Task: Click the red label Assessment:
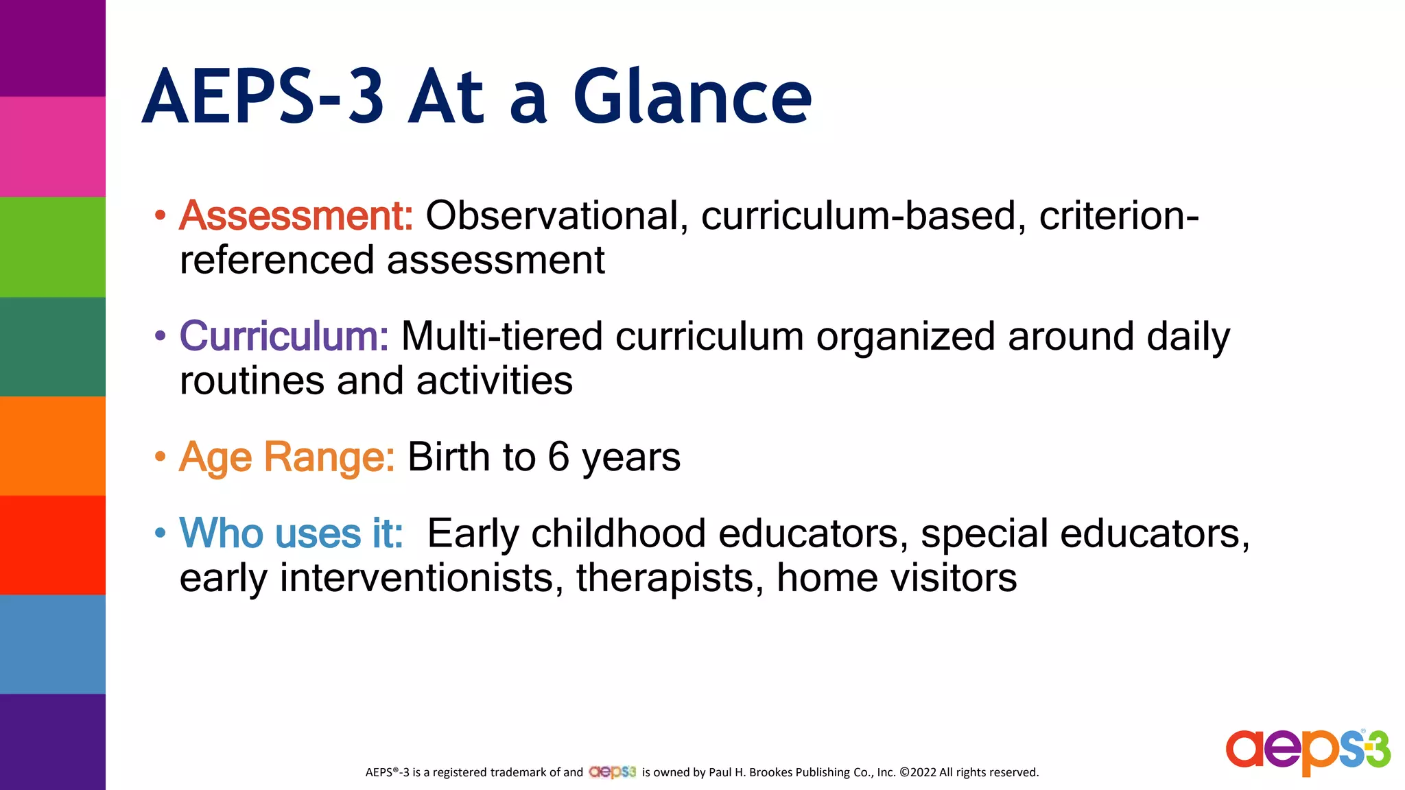tap(296, 216)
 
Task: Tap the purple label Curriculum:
tap(284, 337)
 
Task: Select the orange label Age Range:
tap(287, 457)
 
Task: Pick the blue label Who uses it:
tap(291, 534)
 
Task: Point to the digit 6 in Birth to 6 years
tap(558, 457)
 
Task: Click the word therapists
tap(670, 578)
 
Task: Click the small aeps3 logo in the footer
tap(612, 772)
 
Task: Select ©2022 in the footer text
tap(917, 772)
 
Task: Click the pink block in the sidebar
tap(53, 146)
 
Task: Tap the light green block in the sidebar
tap(53, 247)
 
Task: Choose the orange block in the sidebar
tap(53, 446)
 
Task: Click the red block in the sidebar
tap(53, 545)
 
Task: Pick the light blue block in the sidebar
tap(53, 645)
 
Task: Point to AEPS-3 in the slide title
tap(263, 97)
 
